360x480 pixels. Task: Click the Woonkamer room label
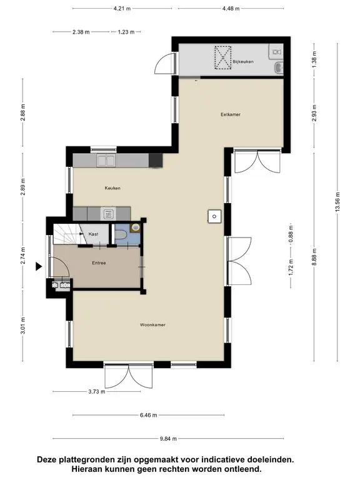click(152, 325)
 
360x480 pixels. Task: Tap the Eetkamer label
click(231, 114)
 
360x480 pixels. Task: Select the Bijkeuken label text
click(243, 61)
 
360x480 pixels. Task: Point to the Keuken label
click(112, 188)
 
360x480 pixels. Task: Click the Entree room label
click(99, 262)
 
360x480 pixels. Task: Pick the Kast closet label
click(93, 234)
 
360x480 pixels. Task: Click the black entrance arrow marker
click(39, 266)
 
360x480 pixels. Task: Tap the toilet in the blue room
click(121, 235)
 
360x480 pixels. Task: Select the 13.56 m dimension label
click(337, 202)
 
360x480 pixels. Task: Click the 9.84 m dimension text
click(168, 439)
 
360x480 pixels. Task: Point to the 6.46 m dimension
click(149, 415)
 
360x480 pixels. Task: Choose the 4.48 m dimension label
click(231, 9)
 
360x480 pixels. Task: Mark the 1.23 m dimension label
click(126, 32)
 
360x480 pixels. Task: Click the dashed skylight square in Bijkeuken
click(223, 57)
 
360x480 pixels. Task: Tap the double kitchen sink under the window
click(106, 160)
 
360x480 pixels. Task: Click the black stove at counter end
click(156, 160)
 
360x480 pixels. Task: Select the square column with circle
click(214, 216)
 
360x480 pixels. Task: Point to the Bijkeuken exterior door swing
click(164, 63)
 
